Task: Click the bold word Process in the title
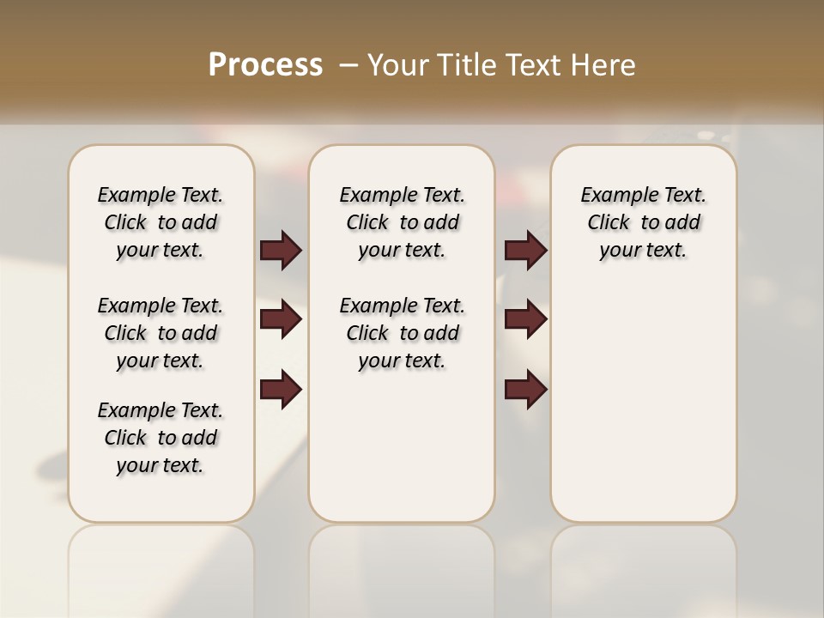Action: (265, 65)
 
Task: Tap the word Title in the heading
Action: (464, 65)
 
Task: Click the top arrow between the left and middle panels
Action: (281, 250)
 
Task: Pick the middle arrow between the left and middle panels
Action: (281, 319)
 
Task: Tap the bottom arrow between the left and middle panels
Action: (281, 390)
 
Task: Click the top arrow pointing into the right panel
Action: (525, 250)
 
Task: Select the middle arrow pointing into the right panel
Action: (525, 319)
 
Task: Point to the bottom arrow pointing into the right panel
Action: (525, 390)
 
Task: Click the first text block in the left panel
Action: (161, 222)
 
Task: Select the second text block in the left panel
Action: (161, 333)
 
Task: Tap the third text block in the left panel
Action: (161, 438)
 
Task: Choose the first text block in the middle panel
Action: (402, 222)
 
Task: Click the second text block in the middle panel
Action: (402, 333)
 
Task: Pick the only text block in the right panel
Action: (643, 222)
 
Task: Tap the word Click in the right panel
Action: (609, 223)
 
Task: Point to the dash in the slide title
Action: (348, 65)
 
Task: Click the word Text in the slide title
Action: (532, 65)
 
